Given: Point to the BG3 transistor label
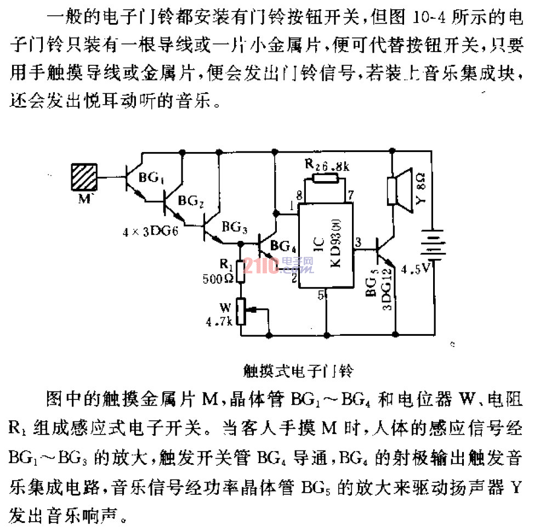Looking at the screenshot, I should pos(235,226).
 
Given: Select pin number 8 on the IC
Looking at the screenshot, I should pos(299,195).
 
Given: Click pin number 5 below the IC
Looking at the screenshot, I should pos(322,295).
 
